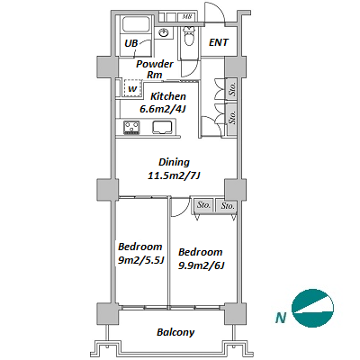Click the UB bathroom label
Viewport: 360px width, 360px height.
[131, 43]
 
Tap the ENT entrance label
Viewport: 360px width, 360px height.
[219, 42]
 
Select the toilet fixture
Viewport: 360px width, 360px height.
[189, 36]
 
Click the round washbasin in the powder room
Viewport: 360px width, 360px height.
[164, 32]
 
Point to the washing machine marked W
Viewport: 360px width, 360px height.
[132, 88]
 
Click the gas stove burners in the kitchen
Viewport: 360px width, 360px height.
[131, 127]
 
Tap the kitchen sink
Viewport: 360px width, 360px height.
[162, 127]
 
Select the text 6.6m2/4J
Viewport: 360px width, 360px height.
[163, 109]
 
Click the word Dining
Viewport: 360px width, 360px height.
[174, 162]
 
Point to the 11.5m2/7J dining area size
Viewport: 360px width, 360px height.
[174, 175]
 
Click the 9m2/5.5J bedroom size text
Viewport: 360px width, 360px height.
[140, 260]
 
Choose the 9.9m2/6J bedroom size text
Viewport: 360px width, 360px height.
[202, 265]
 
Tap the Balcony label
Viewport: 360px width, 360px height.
[175, 332]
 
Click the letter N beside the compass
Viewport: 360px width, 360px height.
[281, 318]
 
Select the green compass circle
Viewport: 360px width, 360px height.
[312, 308]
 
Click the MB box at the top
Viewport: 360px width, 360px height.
[187, 17]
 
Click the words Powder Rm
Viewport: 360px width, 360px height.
[155, 69]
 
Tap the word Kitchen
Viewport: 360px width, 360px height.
[168, 96]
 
